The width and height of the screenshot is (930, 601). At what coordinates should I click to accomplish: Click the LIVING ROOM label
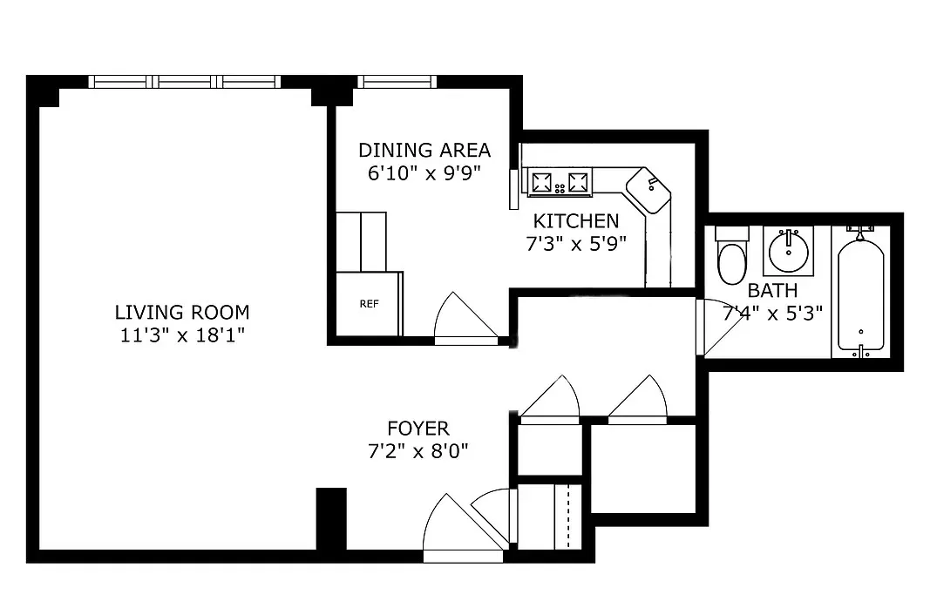[x=181, y=312]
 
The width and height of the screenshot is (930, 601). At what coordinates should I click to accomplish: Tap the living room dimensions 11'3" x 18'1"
[x=181, y=334]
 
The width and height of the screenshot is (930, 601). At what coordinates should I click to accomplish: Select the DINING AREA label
[x=424, y=150]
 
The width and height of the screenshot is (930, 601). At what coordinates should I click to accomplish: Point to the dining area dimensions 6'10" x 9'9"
[x=424, y=172]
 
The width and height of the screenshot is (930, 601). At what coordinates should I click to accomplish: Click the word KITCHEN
[x=575, y=221]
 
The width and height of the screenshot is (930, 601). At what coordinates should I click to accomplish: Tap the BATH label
[x=771, y=291]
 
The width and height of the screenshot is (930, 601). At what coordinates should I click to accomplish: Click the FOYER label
[x=418, y=429]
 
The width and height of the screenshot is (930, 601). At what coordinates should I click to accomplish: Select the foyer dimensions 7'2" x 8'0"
[x=418, y=451]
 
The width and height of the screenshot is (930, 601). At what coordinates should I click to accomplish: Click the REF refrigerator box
[x=368, y=304]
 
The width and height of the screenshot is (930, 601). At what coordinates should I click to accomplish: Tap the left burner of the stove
[x=543, y=182]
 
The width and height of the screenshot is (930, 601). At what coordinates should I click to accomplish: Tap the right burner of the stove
[x=577, y=182]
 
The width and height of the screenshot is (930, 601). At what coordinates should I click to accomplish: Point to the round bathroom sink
[x=789, y=250]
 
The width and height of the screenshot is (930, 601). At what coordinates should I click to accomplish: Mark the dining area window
[x=396, y=82]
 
